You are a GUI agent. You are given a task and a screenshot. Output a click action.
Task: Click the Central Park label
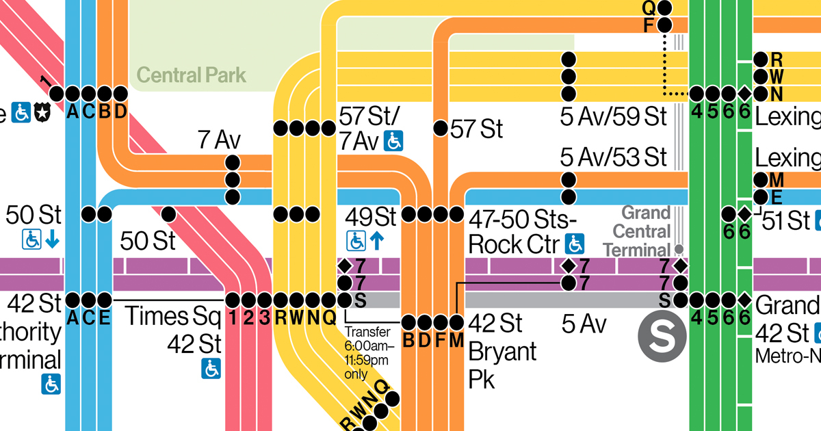click(x=191, y=75)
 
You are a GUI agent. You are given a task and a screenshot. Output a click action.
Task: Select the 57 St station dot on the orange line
click(x=441, y=128)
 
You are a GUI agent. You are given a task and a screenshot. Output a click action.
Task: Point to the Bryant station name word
click(x=502, y=353)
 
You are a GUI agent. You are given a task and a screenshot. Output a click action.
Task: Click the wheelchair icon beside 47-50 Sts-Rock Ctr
click(x=576, y=243)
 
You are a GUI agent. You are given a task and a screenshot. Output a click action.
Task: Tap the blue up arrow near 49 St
click(x=376, y=240)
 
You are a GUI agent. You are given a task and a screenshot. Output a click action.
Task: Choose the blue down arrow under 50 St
click(x=51, y=239)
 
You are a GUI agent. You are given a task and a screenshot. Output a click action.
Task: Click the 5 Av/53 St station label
click(x=612, y=157)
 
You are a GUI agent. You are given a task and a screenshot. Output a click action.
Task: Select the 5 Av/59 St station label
click(x=612, y=117)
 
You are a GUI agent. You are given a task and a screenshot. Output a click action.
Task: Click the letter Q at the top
click(x=649, y=8)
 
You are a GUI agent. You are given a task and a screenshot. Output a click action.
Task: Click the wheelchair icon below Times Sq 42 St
click(x=211, y=369)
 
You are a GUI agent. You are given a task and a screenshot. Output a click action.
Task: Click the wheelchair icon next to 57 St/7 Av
click(x=393, y=141)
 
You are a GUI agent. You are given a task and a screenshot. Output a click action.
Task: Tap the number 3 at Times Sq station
click(x=265, y=317)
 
